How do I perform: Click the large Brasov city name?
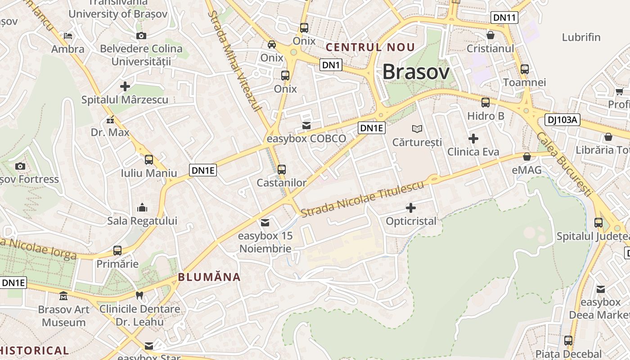(416, 72)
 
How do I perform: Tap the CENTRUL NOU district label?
(370, 47)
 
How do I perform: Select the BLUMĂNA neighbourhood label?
(209, 277)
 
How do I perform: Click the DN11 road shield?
(504, 18)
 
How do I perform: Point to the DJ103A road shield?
(562, 120)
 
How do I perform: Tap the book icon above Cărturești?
(417, 129)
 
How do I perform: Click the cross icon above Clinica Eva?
(473, 139)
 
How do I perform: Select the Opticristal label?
(411, 221)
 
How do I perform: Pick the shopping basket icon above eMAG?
(527, 157)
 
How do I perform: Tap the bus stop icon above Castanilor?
(282, 170)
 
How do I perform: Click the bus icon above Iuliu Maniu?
(149, 160)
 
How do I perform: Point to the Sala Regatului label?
(142, 221)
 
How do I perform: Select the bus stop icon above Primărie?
(117, 250)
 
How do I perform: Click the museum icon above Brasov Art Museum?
(63, 296)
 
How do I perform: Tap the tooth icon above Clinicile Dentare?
(139, 296)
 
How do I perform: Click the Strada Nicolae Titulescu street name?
(363, 198)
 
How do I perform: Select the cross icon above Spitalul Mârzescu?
(125, 86)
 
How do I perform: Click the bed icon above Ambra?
(68, 36)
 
